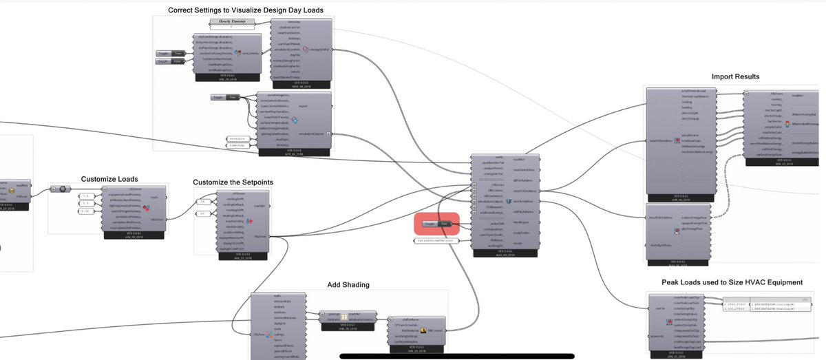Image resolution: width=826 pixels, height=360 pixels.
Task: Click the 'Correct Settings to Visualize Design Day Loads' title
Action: (246, 10)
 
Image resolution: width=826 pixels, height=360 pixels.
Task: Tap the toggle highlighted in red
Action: (436, 224)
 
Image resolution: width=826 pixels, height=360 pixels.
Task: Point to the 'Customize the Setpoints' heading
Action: (233, 182)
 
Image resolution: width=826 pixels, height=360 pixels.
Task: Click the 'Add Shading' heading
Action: (348, 285)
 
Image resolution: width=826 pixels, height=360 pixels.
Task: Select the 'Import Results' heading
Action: (736, 76)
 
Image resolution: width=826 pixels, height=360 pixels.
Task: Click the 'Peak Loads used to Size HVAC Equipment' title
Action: (732, 282)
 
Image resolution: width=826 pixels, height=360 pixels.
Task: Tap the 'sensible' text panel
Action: (238, 138)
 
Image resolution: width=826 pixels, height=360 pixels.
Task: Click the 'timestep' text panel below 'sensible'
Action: (238, 146)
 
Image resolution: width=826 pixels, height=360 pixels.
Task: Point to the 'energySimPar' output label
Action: (320, 50)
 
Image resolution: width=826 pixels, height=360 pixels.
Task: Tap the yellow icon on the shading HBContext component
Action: (423, 331)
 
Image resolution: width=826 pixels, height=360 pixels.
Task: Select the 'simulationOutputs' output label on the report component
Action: (313, 134)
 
